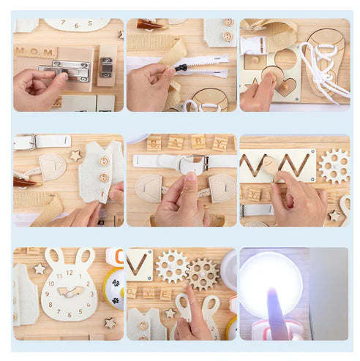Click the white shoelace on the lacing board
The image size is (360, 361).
tap(322, 69)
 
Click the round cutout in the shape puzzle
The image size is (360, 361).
tap(285, 58)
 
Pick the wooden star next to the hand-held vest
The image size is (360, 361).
tap(75, 156)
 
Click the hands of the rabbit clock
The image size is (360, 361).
tap(69, 292)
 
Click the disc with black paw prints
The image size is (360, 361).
tap(115, 288)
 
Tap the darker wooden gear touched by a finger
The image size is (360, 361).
tap(202, 274)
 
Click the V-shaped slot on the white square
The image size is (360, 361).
tap(139, 263)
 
